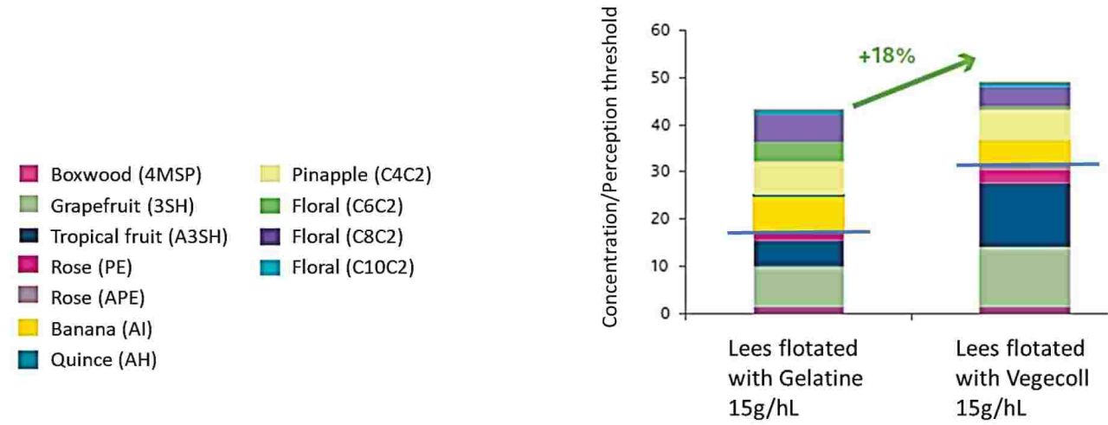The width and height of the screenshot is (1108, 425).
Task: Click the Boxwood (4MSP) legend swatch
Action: pyautogui.click(x=29, y=174)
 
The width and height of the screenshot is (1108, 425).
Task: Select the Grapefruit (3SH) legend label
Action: pyautogui.click(x=122, y=206)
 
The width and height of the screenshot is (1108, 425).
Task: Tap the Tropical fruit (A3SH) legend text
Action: pyautogui.click(x=139, y=236)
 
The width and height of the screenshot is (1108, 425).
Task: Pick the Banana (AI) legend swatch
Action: pyautogui.click(x=29, y=328)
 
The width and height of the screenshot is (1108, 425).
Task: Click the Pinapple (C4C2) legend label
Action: pyautogui.click(x=361, y=175)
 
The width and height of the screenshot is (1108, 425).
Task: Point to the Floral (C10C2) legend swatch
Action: pyautogui.click(x=270, y=267)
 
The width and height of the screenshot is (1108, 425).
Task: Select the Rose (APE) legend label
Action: pyautogui.click(x=98, y=298)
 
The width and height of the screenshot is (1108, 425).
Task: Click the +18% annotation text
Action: pyautogui.click(x=887, y=56)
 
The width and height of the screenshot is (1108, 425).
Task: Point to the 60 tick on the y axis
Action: pyautogui.click(x=660, y=30)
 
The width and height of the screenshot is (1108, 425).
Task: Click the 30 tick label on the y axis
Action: pyautogui.click(x=660, y=171)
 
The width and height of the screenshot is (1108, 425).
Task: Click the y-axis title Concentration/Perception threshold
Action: pyautogui.click(x=610, y=167)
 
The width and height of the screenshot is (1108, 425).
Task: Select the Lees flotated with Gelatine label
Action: pyautogui.click(x=796, y=378)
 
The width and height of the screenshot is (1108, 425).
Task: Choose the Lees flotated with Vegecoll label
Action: pyautogui.click(x=1022, y=378)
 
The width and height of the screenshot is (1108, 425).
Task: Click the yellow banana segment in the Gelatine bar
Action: pyautogui.click(x=798, y=214)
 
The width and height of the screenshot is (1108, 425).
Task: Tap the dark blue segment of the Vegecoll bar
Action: pyautogui.click(x=1024, y=216)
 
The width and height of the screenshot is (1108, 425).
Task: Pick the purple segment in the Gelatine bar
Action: pyautogui.click(x=798, y=129)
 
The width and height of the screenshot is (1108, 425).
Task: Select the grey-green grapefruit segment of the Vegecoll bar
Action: pyautogui.click(x=1024, y=277)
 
